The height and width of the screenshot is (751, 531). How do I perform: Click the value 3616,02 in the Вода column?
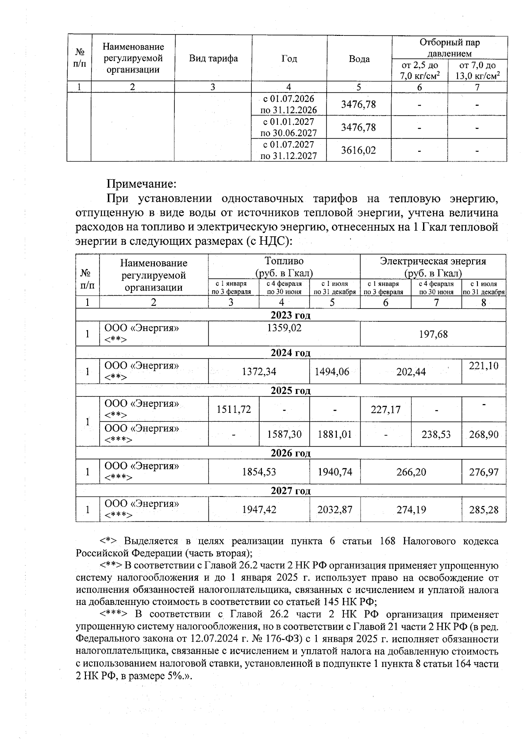[x=358, y=150]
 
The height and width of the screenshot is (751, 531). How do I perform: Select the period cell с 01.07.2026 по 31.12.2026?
[x=289, y=104]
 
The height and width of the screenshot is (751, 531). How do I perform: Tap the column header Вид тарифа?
[x=213, y=59]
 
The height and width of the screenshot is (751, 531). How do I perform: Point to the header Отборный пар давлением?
[x=449, y=48]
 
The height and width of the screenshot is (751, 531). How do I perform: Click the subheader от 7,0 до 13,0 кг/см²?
[x=477, y=71]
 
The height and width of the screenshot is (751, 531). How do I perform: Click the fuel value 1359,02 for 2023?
[x=284, y=328]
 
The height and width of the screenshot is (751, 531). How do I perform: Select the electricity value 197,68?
[x=433, y=334]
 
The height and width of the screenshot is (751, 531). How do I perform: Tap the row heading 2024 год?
[x=290, y=353]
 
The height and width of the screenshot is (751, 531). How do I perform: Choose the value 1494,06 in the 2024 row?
[x=335, y=372]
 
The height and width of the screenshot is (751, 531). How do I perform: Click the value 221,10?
[x=484, y=366]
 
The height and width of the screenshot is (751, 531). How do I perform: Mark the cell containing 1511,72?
[x=234, y=410]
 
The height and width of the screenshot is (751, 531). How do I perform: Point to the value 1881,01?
[x=335, y=435]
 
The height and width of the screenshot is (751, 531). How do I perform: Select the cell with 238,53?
[x=436, y=435]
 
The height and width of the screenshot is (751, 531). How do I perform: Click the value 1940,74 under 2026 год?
[x=335, y=472]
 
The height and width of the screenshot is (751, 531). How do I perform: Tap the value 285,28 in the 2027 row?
[x=484, y=510]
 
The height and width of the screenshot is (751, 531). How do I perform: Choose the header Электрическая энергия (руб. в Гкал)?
[x=433, y=267]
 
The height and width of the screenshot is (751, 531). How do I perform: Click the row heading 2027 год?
[x=290, y=491]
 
